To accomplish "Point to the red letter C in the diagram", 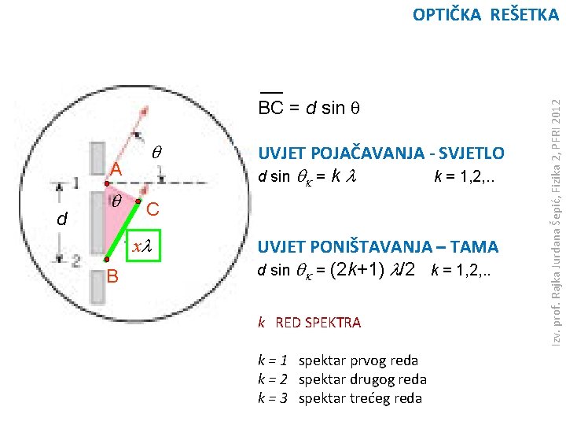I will [153, 209].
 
